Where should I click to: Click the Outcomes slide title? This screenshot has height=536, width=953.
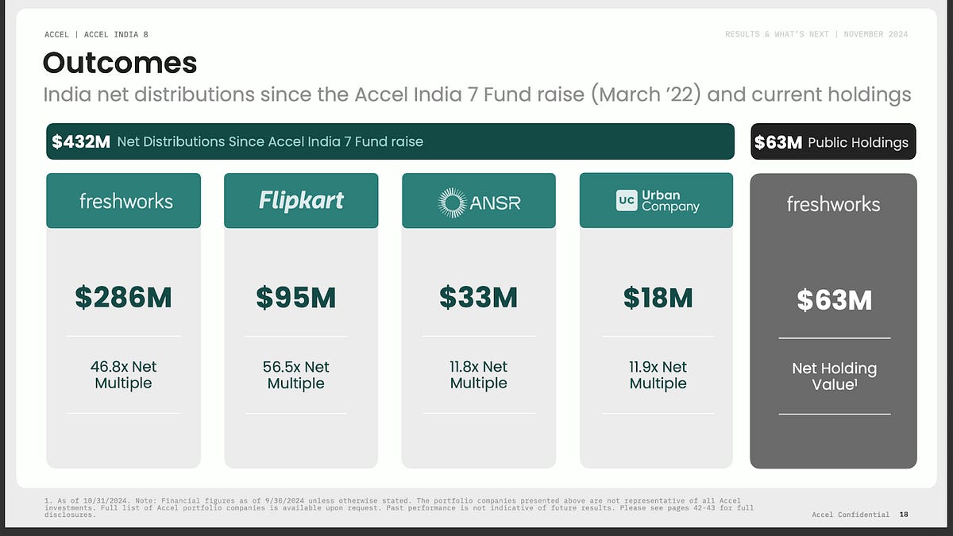coord(120,63)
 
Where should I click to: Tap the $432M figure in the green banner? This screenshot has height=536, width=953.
coord(81,141)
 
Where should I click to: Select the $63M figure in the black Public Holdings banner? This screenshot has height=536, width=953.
coord(778,142)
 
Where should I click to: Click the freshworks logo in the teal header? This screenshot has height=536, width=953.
coord(126,201)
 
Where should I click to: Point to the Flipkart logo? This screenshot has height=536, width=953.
coord(301,200)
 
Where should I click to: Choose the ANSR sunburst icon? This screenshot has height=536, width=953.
coord(452,202)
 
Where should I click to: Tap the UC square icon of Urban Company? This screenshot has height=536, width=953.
coord(627,200)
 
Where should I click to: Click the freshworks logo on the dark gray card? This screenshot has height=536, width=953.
coord(833,204)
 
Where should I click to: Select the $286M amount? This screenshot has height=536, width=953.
coord(123,297)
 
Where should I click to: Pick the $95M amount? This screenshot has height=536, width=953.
coord(296,297)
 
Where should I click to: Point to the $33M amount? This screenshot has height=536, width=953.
coord(479,297)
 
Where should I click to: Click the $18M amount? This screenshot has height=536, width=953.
coord(658,297)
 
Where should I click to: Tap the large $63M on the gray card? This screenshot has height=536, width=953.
coord(835,300)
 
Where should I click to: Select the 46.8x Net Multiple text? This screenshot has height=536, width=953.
coord(123,375)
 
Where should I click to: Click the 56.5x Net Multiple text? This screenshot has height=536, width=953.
coord(296,375)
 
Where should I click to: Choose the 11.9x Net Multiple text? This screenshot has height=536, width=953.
coord(658,375)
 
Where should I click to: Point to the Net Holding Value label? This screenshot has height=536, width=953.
coord(835,376)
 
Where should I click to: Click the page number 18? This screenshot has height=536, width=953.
coord(904,515)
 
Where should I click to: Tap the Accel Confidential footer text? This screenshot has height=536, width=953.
coord(851,515)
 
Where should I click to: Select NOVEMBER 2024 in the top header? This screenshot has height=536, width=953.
coord(876,34)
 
